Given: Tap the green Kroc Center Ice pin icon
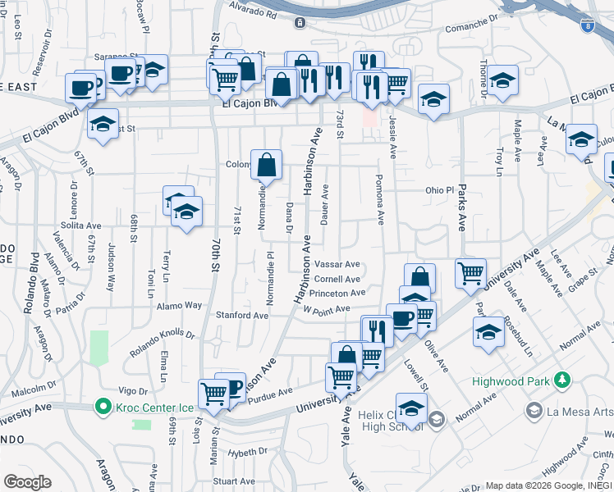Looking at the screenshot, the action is point(103,406).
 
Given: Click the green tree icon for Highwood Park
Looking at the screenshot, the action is point(562,380).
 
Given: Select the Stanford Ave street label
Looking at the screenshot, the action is point(242,315).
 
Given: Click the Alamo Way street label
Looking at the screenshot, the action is point(181,305).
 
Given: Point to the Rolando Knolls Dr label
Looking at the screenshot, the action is point(163,335).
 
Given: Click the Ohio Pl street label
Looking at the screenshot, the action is point(439,190).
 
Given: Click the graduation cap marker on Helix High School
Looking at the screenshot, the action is point(411,408).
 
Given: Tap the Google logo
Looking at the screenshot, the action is point(27,482).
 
